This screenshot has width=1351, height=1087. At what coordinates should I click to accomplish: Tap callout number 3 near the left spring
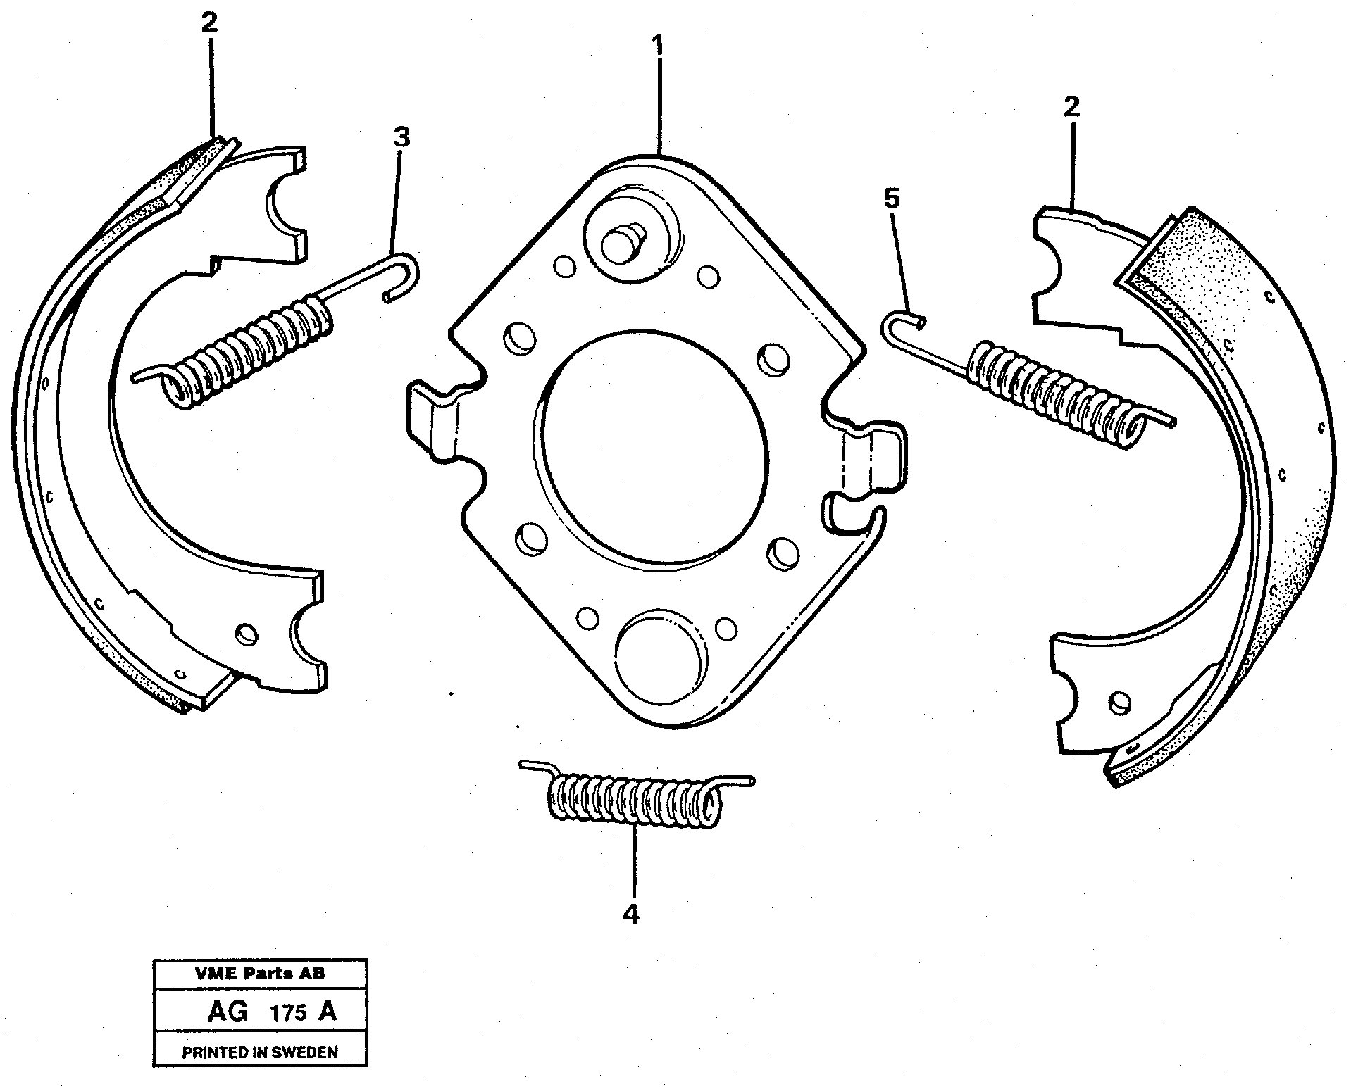pyautogui.click(x=401, y=137)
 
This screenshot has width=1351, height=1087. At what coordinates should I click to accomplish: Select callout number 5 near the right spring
pyautogui.click(x=891, y=200)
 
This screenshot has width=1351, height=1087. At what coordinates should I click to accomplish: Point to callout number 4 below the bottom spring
pyautogui.click(x=631, y=915)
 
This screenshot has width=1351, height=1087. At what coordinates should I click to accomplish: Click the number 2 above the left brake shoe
pyautogui.click(x=209, y=23)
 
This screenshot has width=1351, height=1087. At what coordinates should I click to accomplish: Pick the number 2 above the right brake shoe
pyautogui.click(x=1071, y=108)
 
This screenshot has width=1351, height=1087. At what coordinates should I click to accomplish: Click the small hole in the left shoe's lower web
pyautogui.click(x=246, y=632)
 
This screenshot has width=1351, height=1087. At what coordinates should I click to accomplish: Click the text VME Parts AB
pyautogui.click(x=260, y=974)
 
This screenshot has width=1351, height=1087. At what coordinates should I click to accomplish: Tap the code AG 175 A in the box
pyautogui.click(x=272, y=1012)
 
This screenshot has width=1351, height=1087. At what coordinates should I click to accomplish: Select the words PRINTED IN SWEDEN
pyautogui.click(x=260, y=1053)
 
